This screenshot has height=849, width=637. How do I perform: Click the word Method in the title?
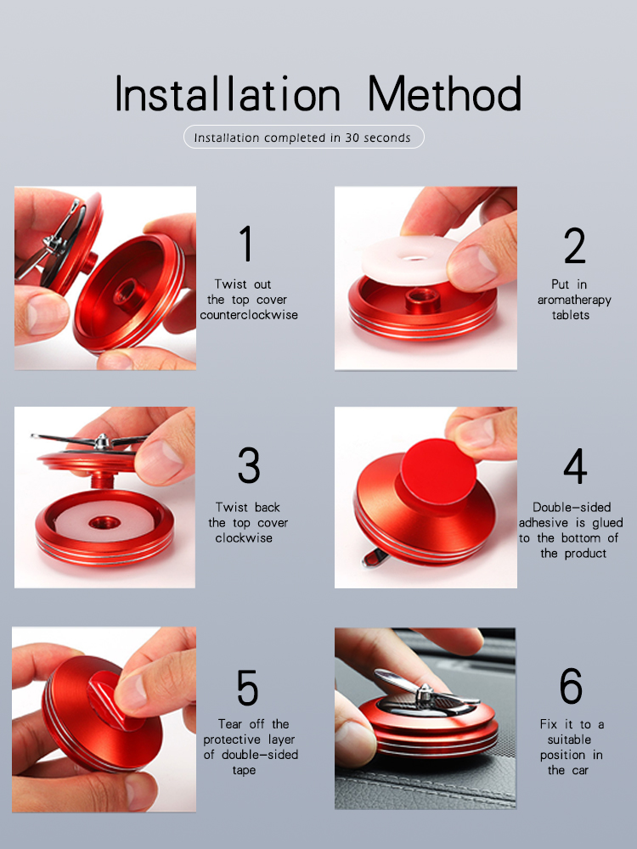(444, 93)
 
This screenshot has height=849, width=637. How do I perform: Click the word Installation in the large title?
(228, 93)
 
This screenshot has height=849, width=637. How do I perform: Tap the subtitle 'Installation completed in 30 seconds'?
(302, 138)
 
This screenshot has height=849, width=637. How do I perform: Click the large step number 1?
(246, 244)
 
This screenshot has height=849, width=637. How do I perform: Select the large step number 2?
(575, 245)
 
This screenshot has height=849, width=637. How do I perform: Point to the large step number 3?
(249, 465)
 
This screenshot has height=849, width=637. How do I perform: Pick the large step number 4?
(575, 465)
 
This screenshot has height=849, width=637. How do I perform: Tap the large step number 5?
(247, 687)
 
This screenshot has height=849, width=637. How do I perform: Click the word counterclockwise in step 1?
(249, 315)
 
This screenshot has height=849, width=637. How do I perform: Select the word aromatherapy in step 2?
(574, 300)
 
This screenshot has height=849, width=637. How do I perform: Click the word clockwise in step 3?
(244, 537)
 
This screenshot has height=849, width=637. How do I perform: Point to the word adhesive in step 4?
(544, 522)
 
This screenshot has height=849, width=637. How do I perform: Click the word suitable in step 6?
(569, 739)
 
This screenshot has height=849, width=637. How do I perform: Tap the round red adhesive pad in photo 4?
(438, 472)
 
